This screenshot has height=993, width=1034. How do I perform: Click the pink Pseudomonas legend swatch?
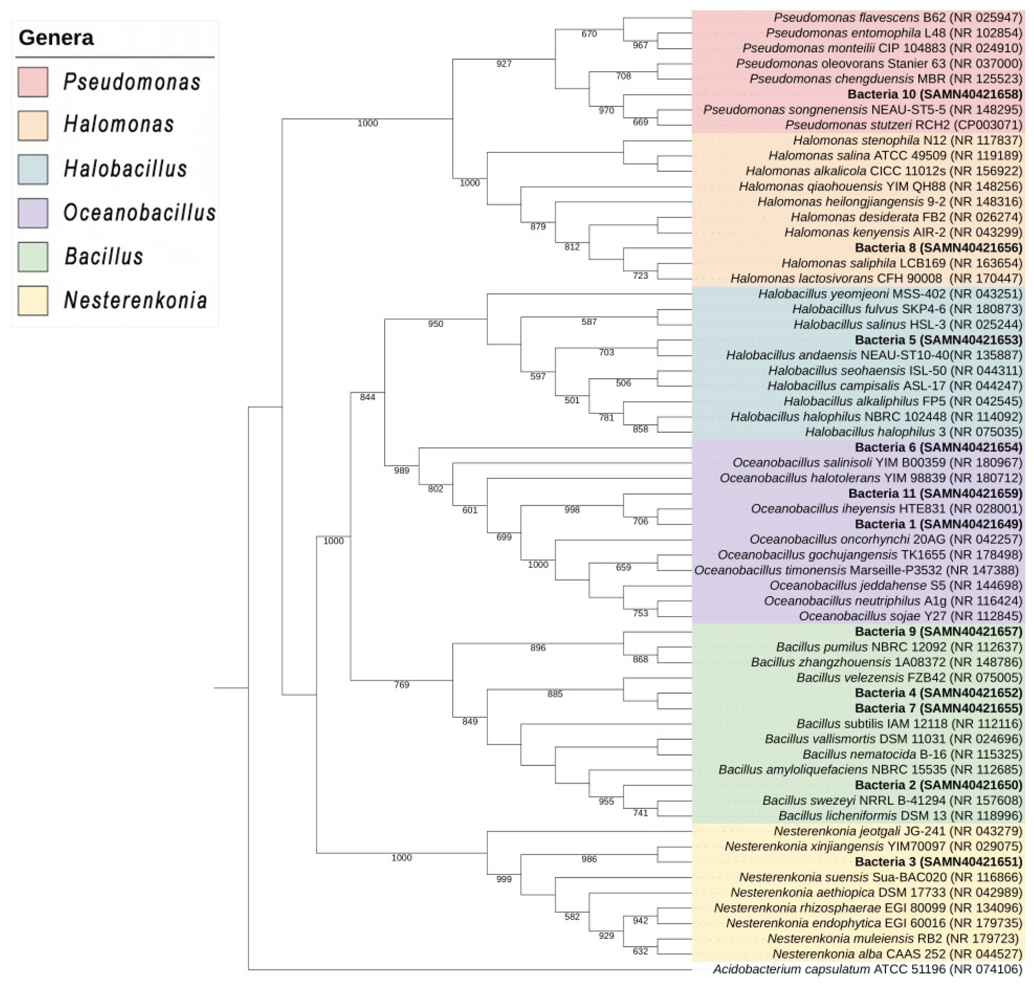pos(33,82)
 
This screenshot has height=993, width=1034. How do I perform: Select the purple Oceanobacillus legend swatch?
pos(33,213)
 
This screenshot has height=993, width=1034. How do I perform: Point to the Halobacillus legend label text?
pos(125,169)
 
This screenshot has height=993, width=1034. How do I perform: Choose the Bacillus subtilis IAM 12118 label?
pos(909,724)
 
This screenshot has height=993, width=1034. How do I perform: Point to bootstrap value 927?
pos(504,64)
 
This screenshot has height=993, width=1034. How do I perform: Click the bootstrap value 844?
pos(368,397)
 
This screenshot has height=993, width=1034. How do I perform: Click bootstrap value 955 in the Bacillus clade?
pos(606,801)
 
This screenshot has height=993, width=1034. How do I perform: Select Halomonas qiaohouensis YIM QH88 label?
pos(880,187)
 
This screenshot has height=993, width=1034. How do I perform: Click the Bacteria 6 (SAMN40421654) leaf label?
pos(938,447)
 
